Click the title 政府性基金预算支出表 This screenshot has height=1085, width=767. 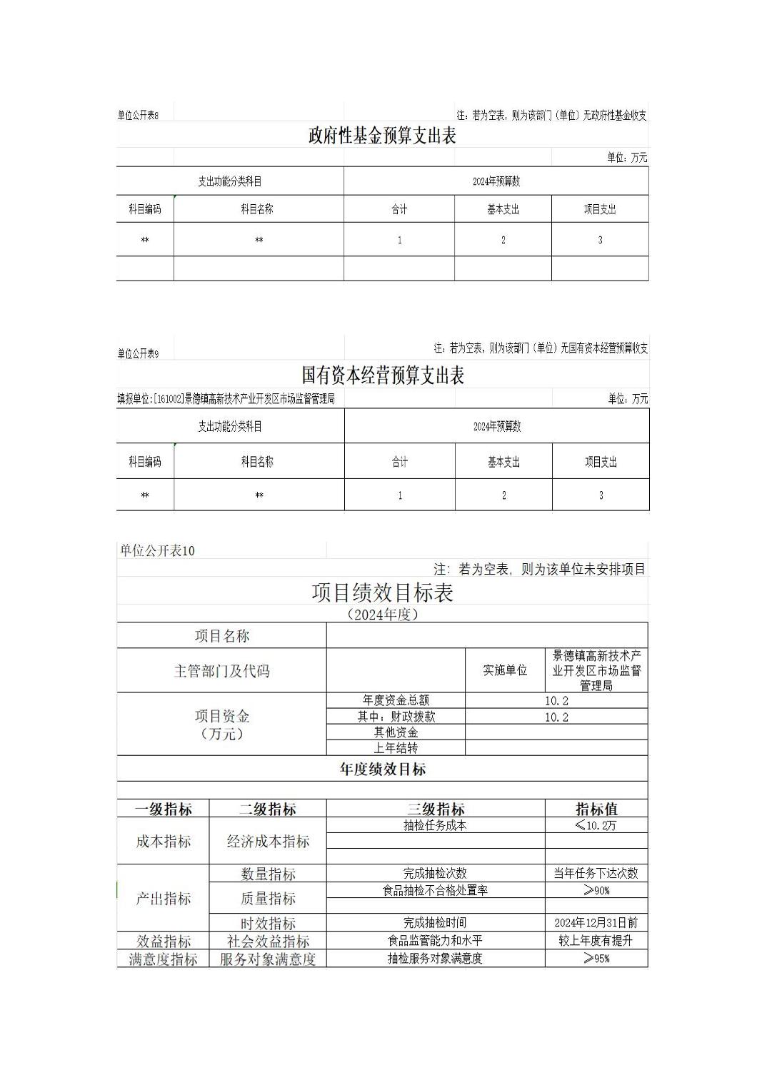pos(382,136)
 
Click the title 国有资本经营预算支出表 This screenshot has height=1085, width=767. pos(383,375)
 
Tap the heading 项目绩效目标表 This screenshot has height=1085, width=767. pos(382,592)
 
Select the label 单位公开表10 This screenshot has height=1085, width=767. pos(157,550)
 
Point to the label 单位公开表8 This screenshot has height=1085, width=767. pos(138,115)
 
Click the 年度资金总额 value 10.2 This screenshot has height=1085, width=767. pos(556,701)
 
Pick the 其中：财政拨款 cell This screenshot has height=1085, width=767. pos(396,717)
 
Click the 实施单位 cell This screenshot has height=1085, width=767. pos(505,670)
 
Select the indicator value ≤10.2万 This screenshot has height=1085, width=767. pos(596,825)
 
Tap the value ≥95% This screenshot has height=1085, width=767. pos(596,959)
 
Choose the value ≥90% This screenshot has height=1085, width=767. pos(596,890)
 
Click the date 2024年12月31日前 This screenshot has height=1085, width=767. pos(596,923)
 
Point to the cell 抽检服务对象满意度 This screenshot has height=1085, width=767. pos(435,959)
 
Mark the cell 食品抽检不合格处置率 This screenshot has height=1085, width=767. pos(435,890)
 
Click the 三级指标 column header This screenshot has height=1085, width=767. pos(436,809)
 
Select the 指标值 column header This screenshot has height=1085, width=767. pos(596,809)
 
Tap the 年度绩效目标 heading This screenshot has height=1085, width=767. pos(383,769)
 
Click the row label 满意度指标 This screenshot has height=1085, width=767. pos(163,959)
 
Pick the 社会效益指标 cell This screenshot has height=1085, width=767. pos(268,942)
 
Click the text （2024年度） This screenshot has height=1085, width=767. pos(382,615)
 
